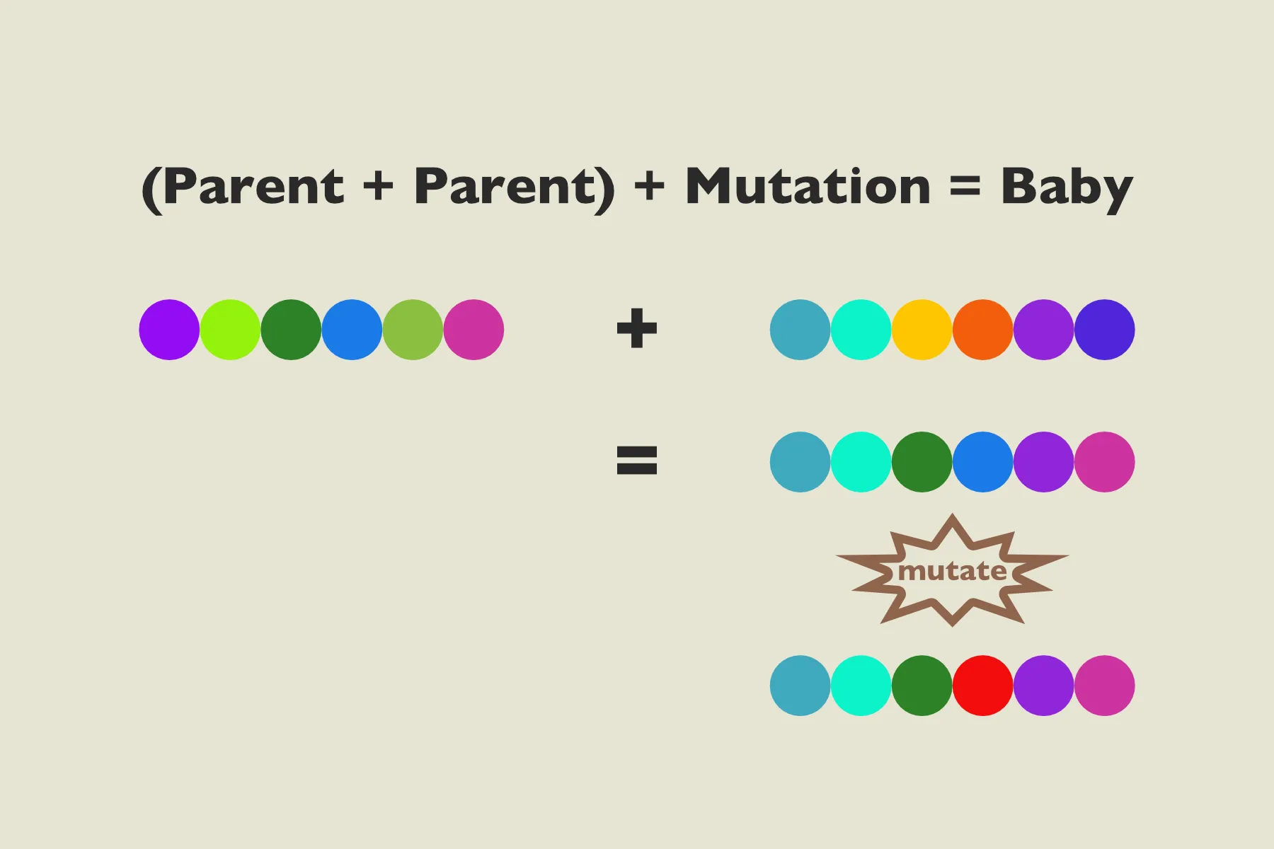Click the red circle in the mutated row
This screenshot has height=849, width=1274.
982,686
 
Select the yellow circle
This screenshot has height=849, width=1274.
922,330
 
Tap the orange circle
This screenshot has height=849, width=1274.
982,330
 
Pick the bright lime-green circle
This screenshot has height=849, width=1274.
230,330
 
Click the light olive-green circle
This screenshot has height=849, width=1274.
413,330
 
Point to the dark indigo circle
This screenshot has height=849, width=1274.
1104,330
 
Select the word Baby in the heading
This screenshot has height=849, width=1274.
1067,187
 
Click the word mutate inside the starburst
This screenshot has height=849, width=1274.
952,571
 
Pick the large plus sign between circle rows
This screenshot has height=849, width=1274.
637,328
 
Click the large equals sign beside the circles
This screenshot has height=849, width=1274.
637,460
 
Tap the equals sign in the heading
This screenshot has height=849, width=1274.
965,187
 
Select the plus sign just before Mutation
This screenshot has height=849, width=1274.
649,187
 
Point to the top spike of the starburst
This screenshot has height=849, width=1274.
953,520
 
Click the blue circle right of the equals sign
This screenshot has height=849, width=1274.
982,462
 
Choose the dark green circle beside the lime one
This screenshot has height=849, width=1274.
291,330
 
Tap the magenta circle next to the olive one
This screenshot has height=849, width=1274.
474,330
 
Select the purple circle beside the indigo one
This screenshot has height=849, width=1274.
1043,330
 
